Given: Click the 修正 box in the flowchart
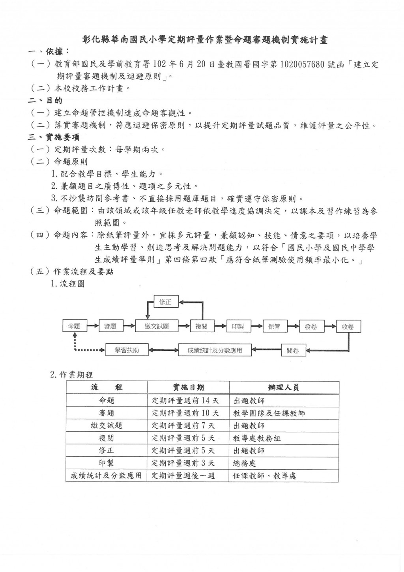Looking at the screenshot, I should pyautogui.click(x=166, y=302).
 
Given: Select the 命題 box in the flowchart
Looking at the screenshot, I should pyautogui.click(x=74, y=326).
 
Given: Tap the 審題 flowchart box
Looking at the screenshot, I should pyautogui.click(x=110, y=326).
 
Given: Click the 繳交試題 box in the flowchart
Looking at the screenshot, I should pyautogui.click(x=157, y=326).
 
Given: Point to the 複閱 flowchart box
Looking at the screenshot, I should pyautogui.click(x=202, y=326).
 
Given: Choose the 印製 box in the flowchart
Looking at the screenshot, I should pyautogui.click(x=238, y=326).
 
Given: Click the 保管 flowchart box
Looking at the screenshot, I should pyautogui.click(x=274, y=326).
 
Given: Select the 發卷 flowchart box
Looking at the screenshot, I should pyautogui.click(x=311, y=326).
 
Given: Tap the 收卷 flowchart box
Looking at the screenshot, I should pyautogui.click(x=348, y=326).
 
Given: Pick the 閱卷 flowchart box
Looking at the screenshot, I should pyautogui.click(x=293, y=350).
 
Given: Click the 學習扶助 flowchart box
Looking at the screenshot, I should pyautogui.click(x=127, y=350).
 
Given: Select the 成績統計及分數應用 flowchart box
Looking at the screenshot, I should pyautogui.click(x=215, y=350).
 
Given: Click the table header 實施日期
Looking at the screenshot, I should pyautogui.click(x=188, y=388).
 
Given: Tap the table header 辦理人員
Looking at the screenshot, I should pyautogui.click(x=283, y=388).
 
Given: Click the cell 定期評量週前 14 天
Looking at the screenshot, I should pyautogui.click(x=185, y=401).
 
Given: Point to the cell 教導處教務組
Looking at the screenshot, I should pyautogui.click(x=257, y=438).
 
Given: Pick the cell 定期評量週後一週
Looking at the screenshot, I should pyautogui.click(x=183, y=476).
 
